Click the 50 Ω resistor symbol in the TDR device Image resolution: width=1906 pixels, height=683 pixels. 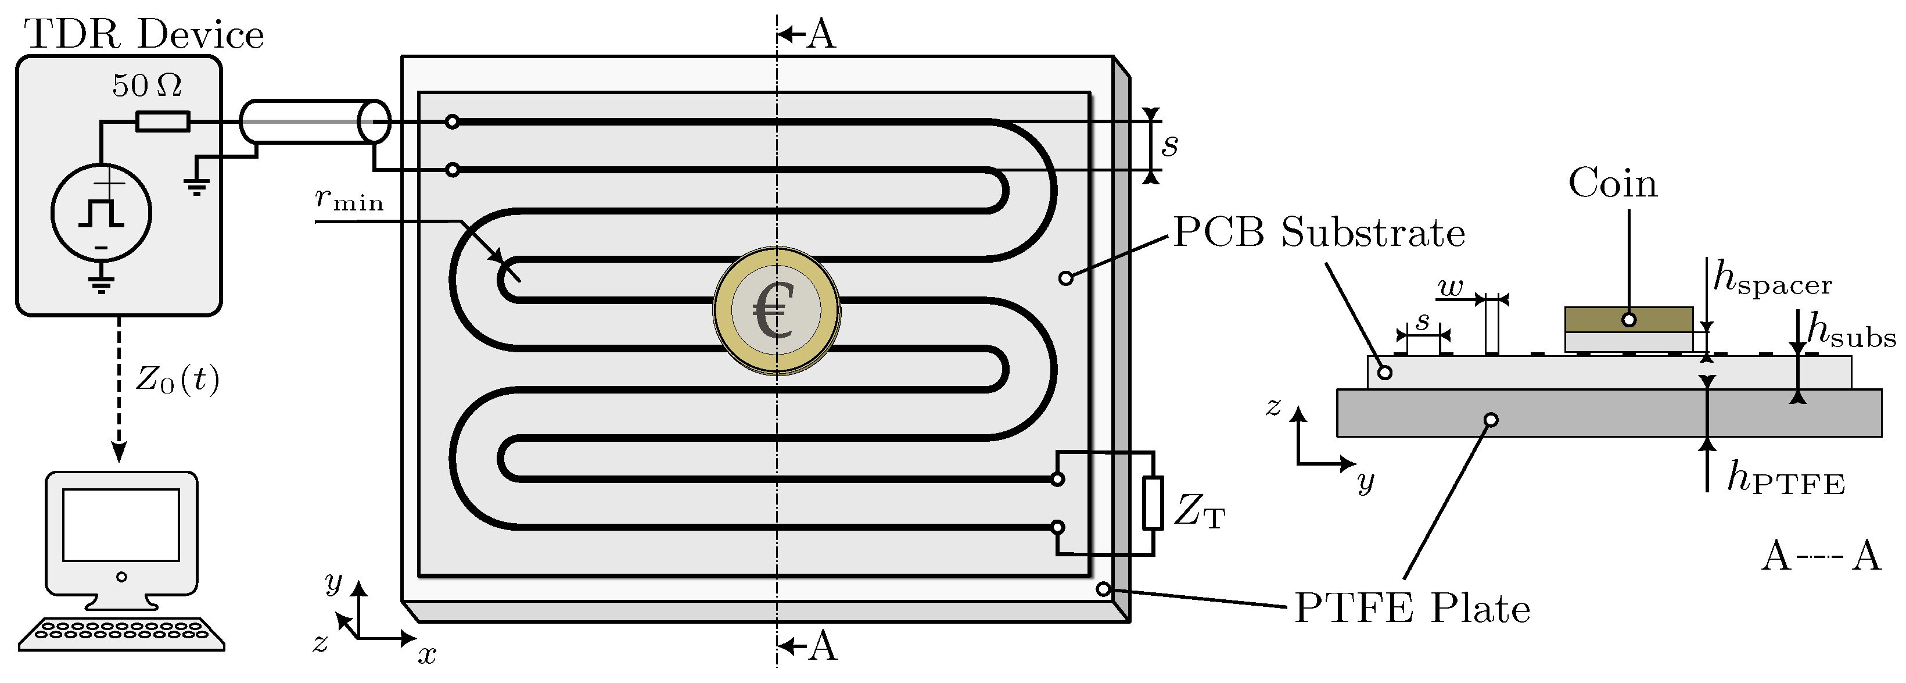tap(163, 121)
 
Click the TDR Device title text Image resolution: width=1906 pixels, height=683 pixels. tap(144, 35)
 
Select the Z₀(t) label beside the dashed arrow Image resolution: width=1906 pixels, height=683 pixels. tap(178, 380)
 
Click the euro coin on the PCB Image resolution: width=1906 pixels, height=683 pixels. tap(777, 311)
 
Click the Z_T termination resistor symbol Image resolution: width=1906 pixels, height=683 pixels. tap(1152, 503)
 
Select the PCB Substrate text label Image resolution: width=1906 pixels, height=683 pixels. tap(1319, 233)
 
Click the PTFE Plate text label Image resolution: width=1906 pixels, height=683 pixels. tap(1412, 609)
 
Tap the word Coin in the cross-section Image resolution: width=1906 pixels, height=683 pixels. tap(1613, 184)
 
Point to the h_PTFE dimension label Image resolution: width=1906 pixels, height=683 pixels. tap(1785, 479)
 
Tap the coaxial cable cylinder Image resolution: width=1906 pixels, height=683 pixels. tap(314, 121)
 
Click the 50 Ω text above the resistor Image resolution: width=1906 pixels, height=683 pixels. tap(146, 86)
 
